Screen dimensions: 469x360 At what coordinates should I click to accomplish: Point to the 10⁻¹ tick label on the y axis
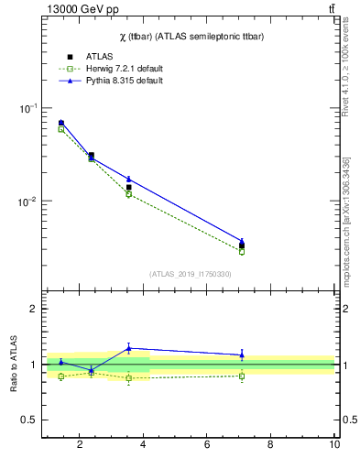coord(28,108)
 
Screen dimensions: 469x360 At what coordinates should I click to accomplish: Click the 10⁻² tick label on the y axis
coord(28,201)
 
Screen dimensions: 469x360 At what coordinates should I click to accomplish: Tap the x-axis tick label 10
coord(334,446)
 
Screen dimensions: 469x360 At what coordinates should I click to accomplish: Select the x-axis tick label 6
coord(207,446)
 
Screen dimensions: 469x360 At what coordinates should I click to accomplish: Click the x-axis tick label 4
coord(144,446)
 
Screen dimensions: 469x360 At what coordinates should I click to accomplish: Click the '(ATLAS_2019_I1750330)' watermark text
coord(190,274)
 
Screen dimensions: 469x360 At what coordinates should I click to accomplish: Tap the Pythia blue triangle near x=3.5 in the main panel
coord(129,179)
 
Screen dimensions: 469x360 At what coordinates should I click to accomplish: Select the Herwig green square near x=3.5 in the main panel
coord(129,194)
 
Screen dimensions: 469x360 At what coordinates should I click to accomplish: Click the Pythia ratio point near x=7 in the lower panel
coord(242,354)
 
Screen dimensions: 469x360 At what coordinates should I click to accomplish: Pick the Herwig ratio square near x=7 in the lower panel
coord(242,376)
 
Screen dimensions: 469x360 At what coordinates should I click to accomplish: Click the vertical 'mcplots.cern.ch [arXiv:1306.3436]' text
coord(346,220)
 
